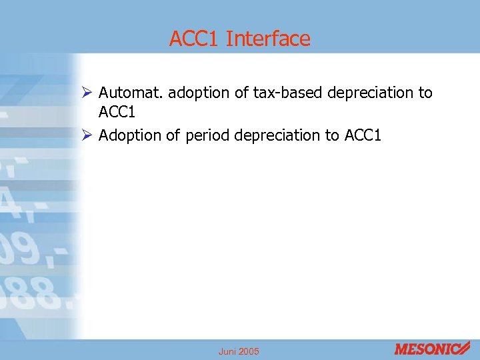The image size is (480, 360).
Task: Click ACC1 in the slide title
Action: [x=195, y=39]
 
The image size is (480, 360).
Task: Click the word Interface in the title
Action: [x=268, y=39]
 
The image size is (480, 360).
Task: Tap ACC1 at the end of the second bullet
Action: [x=363, y=135]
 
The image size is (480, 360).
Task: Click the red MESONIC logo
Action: [x=432, y=349]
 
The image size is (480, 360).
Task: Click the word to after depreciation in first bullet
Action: [x=425, y=93]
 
